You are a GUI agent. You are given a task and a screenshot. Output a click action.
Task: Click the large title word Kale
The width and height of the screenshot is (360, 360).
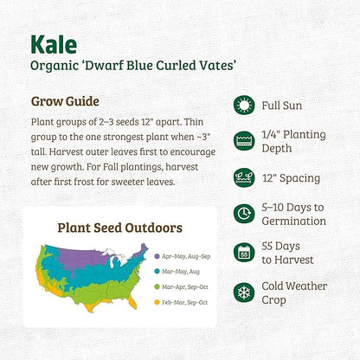55,44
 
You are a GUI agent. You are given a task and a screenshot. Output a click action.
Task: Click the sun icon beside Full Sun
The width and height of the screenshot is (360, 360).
244,105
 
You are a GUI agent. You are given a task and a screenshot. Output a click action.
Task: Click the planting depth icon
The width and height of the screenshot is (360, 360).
244,142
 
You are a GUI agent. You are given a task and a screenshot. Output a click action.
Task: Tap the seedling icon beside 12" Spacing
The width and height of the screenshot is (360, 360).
244,178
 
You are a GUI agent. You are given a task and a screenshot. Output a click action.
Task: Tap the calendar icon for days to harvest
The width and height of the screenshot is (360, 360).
244,253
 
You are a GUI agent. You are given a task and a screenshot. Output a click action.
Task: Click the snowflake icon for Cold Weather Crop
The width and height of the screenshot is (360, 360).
244,291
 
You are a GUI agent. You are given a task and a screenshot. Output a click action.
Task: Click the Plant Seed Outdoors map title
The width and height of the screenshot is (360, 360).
119,228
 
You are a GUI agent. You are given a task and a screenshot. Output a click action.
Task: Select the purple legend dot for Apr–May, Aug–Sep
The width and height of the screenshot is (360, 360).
156,256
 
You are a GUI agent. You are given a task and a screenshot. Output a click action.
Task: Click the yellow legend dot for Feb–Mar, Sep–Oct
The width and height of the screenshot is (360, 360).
156,302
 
